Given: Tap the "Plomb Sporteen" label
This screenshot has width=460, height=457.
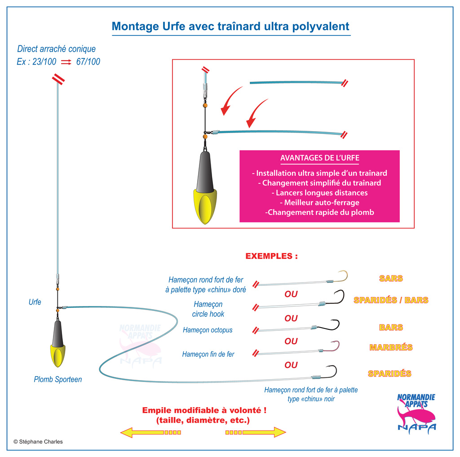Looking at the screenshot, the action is point(58,379).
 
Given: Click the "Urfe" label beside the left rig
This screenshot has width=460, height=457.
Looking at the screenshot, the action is point(35,302).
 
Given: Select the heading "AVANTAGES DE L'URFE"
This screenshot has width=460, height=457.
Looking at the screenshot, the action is point(320,158).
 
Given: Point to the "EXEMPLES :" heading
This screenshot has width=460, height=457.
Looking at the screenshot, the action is point(272,256).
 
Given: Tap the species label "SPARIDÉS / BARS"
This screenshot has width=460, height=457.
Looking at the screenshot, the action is point(391,300).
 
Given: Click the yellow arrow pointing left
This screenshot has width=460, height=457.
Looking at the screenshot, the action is point(150,432).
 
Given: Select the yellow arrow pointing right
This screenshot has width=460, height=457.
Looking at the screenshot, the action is point(256,432).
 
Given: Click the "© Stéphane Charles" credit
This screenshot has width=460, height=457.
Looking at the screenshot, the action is point(38,442).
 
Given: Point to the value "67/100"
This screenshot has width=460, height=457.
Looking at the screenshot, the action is point(88,62).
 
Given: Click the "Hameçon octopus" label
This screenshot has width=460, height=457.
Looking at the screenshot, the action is point(208,330).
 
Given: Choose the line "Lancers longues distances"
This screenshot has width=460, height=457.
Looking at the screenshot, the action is point(320,193).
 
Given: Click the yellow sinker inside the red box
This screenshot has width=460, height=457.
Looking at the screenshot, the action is point(205,205).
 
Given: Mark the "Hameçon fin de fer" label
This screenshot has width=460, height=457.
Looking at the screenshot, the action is point(208,354).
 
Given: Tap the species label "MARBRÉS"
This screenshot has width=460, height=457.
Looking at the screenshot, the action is point(391,347).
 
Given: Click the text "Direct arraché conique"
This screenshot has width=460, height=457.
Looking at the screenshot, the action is point(56,49).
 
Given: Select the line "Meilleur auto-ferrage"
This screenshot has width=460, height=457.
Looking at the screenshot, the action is point(320,203).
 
